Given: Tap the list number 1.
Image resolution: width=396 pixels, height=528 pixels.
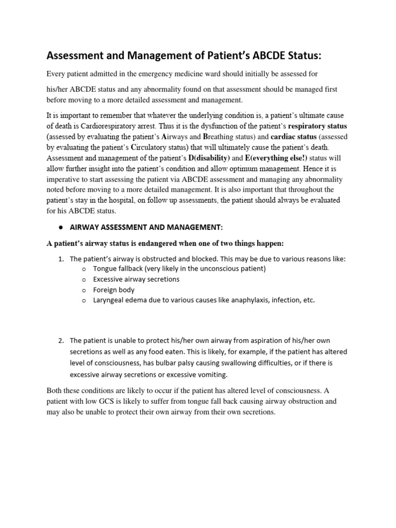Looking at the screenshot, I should coord(60,259).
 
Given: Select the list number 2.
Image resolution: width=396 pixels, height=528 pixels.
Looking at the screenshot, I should coord(60,340).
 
